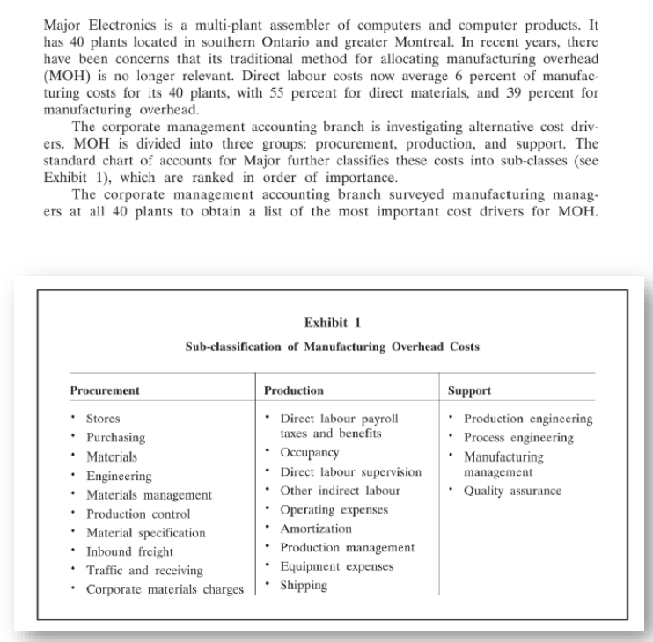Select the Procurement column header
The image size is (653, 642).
coord(105,390)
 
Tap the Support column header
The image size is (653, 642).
coord(470,390)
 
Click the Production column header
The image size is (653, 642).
coord(294,390)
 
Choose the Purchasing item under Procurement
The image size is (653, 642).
coord(115,437)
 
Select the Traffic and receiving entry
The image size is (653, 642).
coord(143,571)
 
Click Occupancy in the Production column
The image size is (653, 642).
coord(309,452)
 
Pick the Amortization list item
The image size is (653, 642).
coord(315,529)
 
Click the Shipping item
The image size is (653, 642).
coord(303,586)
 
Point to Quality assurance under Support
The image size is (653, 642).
coord(512,491)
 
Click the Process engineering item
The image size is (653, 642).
coord(518,437)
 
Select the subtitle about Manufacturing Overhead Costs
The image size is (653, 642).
coord(332,346)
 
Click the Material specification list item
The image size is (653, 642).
coord(145,533)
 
